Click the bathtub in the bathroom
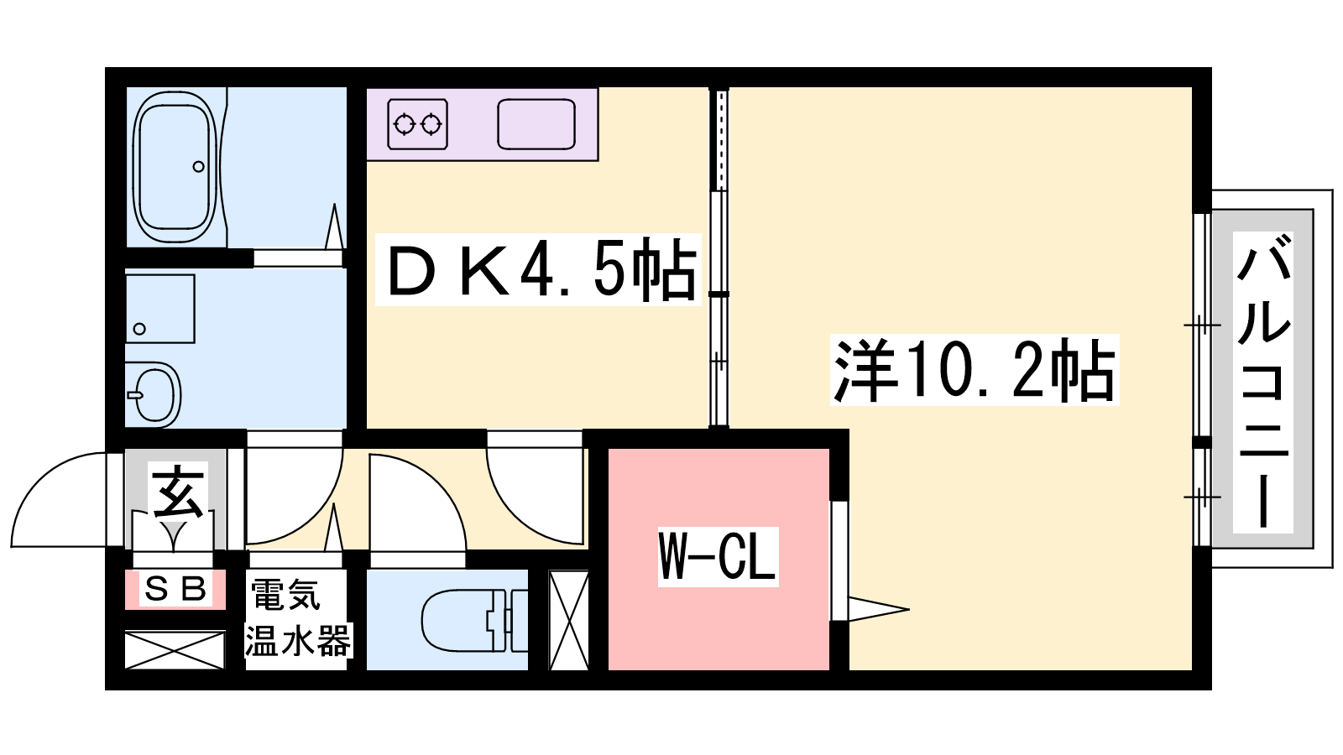[175, 167]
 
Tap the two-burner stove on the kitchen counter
[418, 124]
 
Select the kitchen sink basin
[536, 124]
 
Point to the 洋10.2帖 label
[975, 370]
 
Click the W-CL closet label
[719, 556]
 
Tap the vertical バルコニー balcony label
[1262, 383]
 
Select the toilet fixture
[474, 620]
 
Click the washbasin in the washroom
[154, 394]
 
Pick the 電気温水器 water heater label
[297, 618]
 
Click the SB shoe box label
[175, 589]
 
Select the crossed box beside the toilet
[569, 620]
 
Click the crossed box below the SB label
[175, 649]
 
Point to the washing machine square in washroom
[160, 310]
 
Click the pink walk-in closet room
[719, 559]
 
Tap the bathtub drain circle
[198, 167]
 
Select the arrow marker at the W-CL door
[878, 610]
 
